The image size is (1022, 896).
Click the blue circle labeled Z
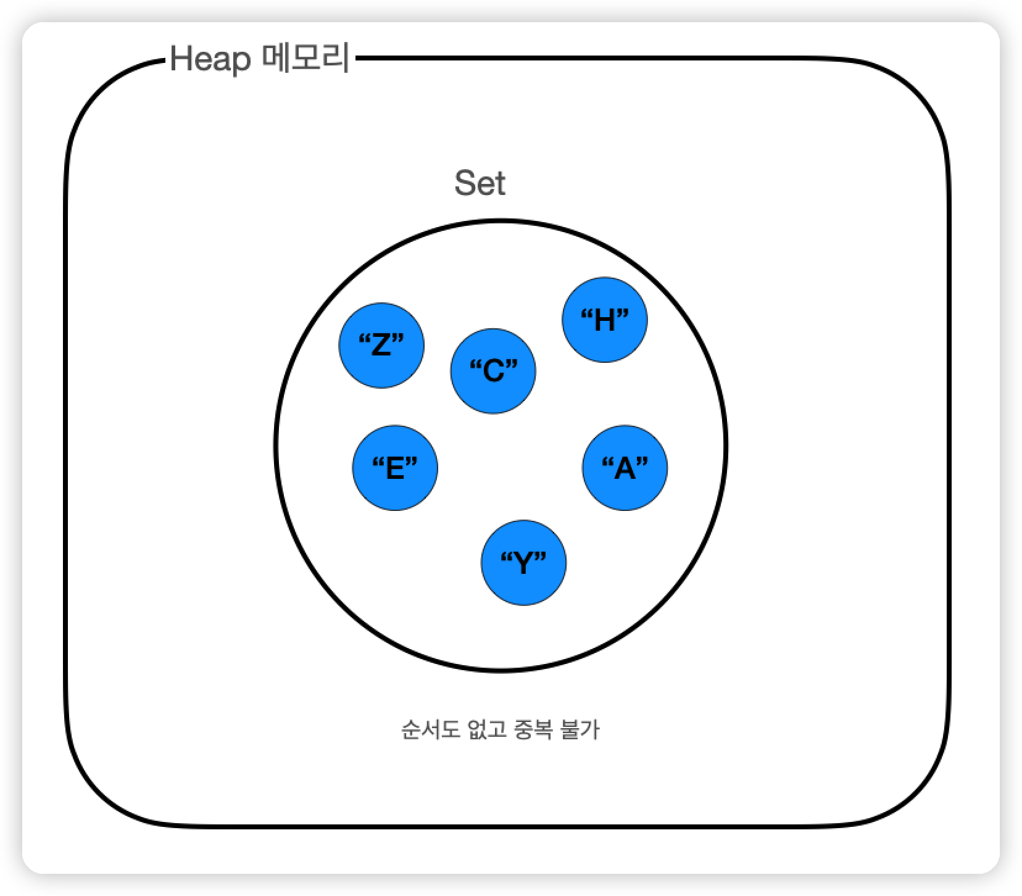[381, 345]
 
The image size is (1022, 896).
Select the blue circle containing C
[493, 371]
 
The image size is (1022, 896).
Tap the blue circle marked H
[604, 320]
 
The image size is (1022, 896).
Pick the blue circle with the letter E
[395, 468]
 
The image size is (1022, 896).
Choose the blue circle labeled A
[625, 468]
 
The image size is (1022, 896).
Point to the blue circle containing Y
[523, 563]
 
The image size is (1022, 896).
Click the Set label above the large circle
[480, 183]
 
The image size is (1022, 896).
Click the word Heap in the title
[210, 60]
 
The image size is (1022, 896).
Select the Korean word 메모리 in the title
[305, 60]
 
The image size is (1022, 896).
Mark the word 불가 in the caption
[579, 730]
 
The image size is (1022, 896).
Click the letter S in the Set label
[464, 183]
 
